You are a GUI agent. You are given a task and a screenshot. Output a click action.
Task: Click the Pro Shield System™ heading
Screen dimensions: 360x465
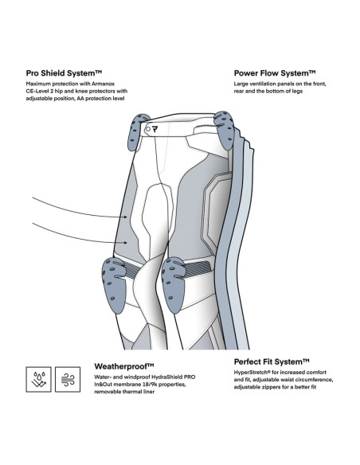click(x=64, y=73)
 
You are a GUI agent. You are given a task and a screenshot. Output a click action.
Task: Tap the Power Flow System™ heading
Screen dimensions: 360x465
click(x=275, y=73)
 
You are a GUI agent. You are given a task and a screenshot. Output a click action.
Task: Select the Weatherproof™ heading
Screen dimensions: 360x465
click(x=124, y=366)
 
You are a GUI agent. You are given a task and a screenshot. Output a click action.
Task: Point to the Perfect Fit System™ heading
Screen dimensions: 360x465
click(x=272, y=361)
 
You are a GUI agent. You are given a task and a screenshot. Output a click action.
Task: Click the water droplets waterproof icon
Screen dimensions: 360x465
click(x=38, y=379)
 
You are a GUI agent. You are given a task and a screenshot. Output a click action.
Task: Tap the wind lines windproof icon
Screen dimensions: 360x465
click(x=68, y=379)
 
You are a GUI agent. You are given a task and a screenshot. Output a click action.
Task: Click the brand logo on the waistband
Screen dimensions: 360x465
click(x=155, y=129)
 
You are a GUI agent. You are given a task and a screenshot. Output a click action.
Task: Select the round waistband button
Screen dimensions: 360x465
click(x=148, y=129)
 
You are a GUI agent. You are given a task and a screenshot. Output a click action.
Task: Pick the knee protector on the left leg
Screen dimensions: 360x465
click(x=114, y=284)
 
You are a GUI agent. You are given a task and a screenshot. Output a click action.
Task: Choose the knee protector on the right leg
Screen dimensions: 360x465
click(x=174, y=284)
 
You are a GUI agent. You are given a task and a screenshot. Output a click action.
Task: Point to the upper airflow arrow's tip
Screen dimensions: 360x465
click(x=127, y=217)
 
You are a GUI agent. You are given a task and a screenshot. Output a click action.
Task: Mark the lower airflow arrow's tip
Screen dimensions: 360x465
click(x=127, y=243)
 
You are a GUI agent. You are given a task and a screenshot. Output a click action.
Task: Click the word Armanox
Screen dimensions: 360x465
click(x=103, y=84)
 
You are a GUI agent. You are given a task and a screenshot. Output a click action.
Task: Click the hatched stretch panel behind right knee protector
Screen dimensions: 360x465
click(x=198, y=268)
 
